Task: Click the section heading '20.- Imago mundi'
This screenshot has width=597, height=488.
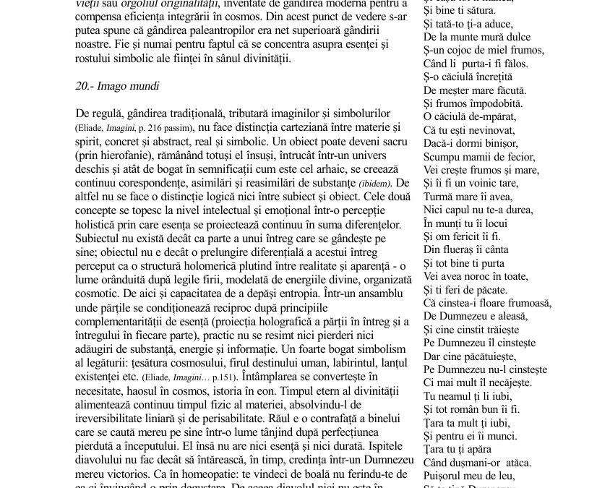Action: pos(118,86)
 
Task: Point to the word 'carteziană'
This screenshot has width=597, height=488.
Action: pos(288,128)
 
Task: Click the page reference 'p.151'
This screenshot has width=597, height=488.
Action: pos(221,377)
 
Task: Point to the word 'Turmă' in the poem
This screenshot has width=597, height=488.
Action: pos(439,197)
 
